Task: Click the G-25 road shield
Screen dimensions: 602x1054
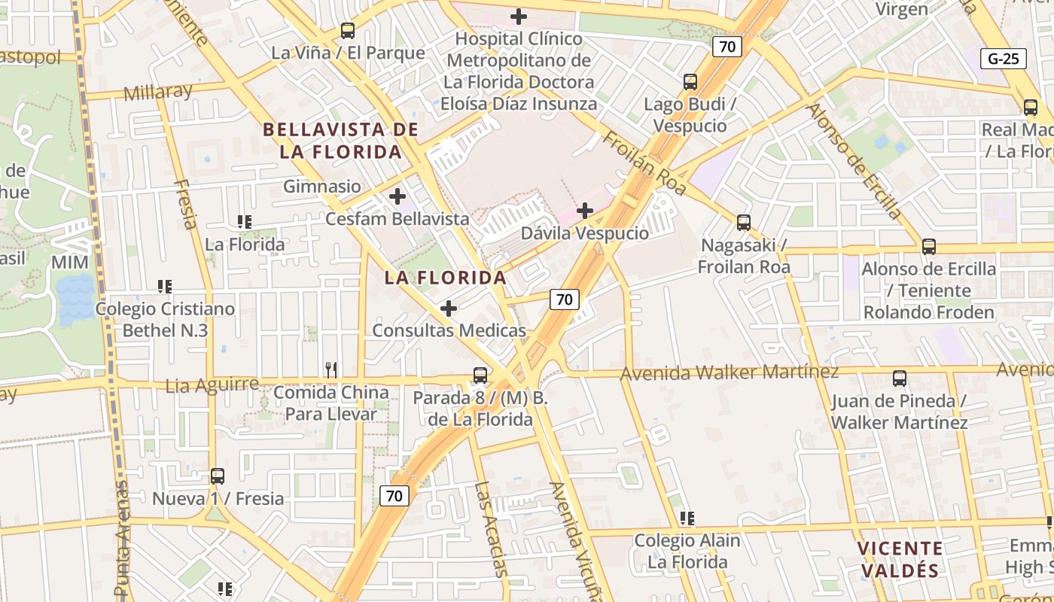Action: pyautogui.click(x=1004, y=59)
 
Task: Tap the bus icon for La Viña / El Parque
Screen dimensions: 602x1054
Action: pyautogui.click(x=347, y=31)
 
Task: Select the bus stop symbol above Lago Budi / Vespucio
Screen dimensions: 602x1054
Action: pyautogui.click(x=690, y=82)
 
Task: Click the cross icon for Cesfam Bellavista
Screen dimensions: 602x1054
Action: pyautogui.click(x=397, y=197)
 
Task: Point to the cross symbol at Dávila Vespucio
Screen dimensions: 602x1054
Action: pyautogui.click(x=584, y=211)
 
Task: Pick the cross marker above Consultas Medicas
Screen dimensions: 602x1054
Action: pyautogui.click(x=449, y=309)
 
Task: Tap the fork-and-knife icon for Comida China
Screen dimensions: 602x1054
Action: pyautogui.click(x=331, y=369)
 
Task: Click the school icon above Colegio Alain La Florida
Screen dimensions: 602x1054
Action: pyautogui.click(x=687, y=518)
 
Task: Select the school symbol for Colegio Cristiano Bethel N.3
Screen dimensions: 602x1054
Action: pyautogui.click(x=165, y=286)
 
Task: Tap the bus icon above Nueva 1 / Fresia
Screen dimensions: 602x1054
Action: pyautogui.click(x=218, y=476)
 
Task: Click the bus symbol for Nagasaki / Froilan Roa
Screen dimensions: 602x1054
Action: pyautogui.click(x=744, y=223)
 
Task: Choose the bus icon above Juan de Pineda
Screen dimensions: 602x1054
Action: pyautogui.click(x=899, y=379)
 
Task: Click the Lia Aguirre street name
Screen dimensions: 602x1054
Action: pyautogui.click(x=212, y=385)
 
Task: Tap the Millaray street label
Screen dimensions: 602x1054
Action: pyautogui.click(x=157, y=93)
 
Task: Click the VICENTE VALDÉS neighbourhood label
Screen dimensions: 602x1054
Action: pyautogui.click(x=900, y=559)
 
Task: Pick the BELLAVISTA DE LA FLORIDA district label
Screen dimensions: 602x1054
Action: pyautogui.click(x=340, y=141)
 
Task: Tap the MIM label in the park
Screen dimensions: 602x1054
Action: pyautogui.click(x=70, y=263)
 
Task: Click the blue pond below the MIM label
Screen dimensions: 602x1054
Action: pyautogui.click(x=76, y=299)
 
